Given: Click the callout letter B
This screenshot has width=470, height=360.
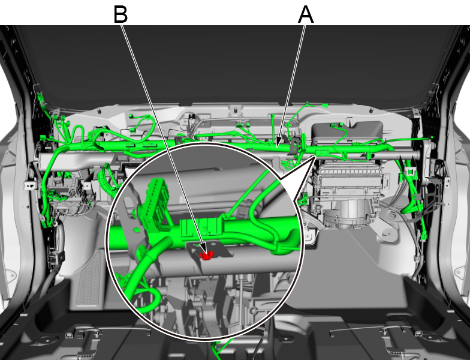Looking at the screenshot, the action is [x=121, y=14].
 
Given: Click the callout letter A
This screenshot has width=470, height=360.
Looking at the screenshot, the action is [x=306, y=14].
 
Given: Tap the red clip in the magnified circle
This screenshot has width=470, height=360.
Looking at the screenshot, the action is [x=206, y=256].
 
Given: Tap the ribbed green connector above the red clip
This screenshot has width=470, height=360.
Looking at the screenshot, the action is [x=201, y=226].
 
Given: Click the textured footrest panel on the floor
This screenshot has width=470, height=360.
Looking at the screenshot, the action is [x=89, y=279].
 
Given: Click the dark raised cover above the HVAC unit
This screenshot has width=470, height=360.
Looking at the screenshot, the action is [x=348, y=132].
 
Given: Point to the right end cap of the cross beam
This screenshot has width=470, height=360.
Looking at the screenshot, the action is [x=417, y=155].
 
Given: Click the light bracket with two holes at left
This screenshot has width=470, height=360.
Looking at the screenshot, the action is [x=30, y=185].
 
